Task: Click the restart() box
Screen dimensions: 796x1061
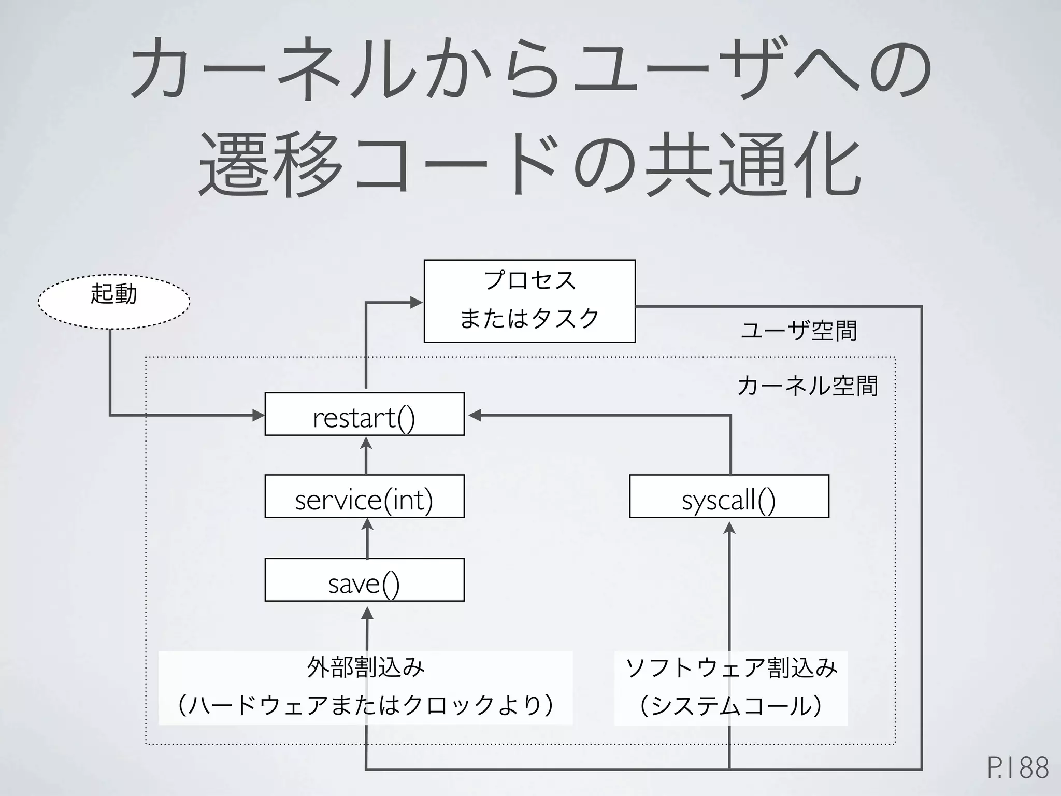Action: (x=364, y=414)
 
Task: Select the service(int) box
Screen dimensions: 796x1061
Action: (x=364, y=496)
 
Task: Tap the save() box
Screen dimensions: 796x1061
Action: (x=364, y=579)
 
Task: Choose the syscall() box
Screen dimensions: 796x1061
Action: (x=729, y=496)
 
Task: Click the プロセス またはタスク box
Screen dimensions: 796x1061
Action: (x=529, y=301)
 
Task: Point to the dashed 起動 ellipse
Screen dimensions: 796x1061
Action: (x=114, y=301)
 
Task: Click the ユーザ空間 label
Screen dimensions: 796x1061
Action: (x=799, y=331)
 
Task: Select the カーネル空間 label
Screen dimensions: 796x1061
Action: (x=808, y=386)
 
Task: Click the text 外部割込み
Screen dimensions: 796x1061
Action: (x=366, y=667)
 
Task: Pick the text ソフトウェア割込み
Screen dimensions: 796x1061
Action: (x=731, y=667)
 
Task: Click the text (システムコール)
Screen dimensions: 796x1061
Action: (x=730, y=706)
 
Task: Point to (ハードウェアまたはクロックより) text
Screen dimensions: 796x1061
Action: (x=366, y=706)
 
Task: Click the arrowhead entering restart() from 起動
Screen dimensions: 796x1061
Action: (x=259, y=415)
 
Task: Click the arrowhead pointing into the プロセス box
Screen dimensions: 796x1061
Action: (x=417, y=303)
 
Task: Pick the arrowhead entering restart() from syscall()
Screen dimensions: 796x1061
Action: (x=475, y=415)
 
